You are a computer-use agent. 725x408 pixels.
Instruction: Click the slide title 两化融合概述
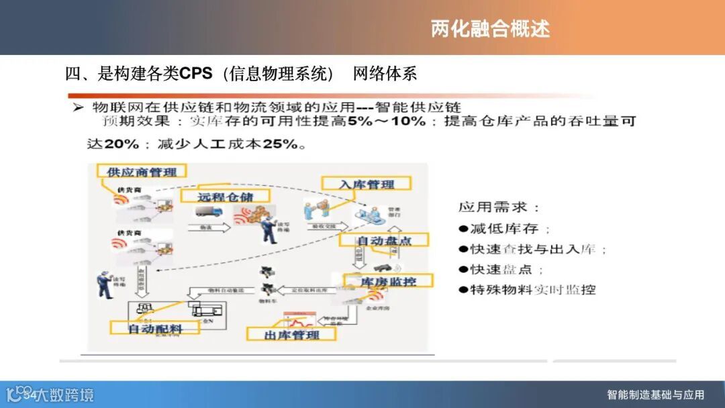tap(490, 29)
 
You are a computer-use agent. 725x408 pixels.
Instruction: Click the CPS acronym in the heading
tap(196, 74)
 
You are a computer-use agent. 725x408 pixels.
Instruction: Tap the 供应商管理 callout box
tap(142, 172)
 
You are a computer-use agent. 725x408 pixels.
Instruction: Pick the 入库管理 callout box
tap(367, 184)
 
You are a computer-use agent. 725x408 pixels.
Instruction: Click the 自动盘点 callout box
tap(384, 240)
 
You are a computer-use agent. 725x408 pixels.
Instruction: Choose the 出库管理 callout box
tap(292, 334)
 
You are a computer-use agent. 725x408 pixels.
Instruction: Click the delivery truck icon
tap(208, 212)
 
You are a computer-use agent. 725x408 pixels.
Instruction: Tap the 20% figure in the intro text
tap(121, 144)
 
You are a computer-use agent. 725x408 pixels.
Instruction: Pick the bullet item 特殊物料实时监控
tap(528, 290)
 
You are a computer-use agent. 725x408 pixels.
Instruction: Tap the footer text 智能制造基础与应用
tap(655, 395)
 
